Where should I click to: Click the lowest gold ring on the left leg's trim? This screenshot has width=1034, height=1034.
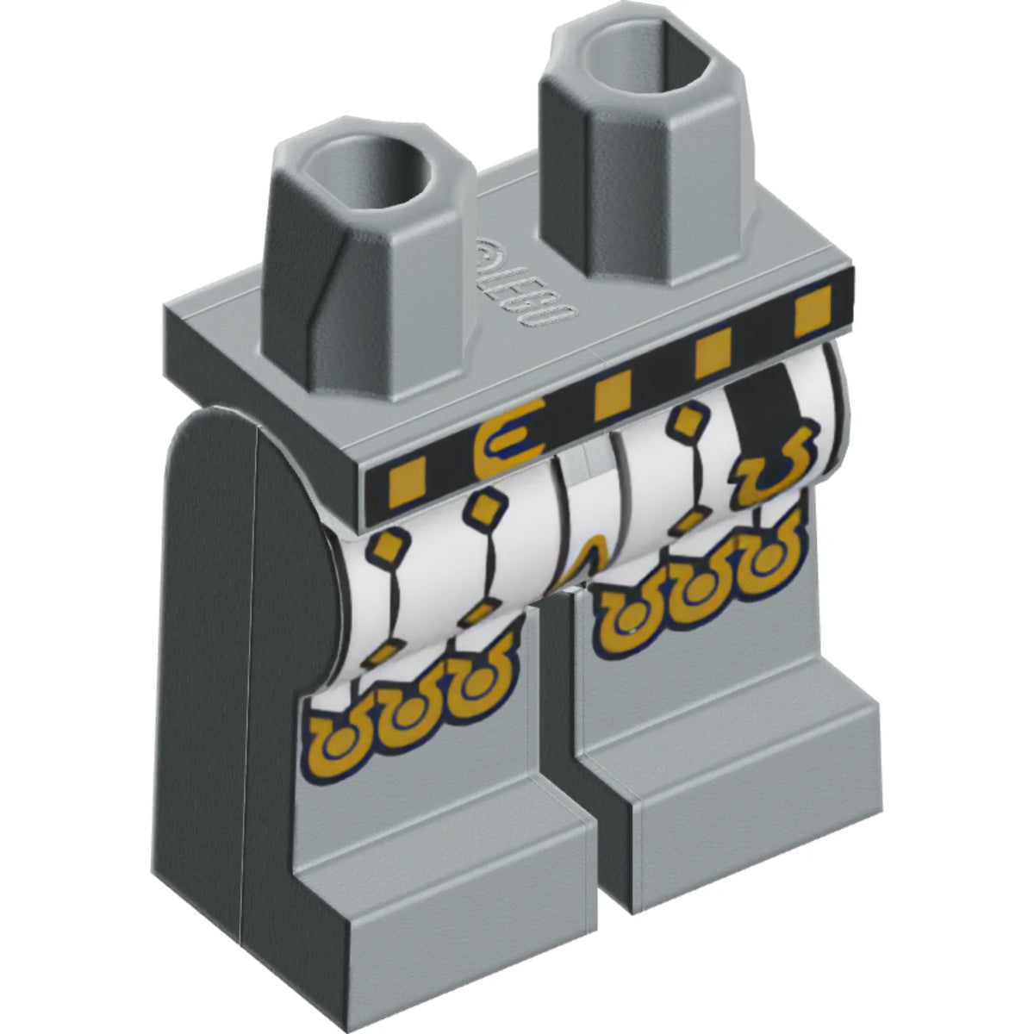click(x=336, y=743)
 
